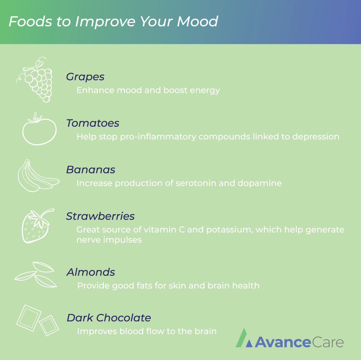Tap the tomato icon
coord(39,131)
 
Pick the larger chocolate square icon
coord(29,318)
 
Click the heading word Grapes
coord(85,77)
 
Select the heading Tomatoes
coord(93,123)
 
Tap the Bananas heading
coord(91,170)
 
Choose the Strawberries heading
coord(100,216)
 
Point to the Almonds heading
coord(91,272)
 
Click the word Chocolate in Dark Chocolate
coord(124,318)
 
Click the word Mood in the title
coord(198,21)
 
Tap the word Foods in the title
coord(30,21)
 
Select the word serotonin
coord(196,183)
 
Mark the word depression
coord(316,137)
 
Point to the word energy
coord(205,91)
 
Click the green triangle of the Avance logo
coord(241,338)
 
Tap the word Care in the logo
coord(328,342)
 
